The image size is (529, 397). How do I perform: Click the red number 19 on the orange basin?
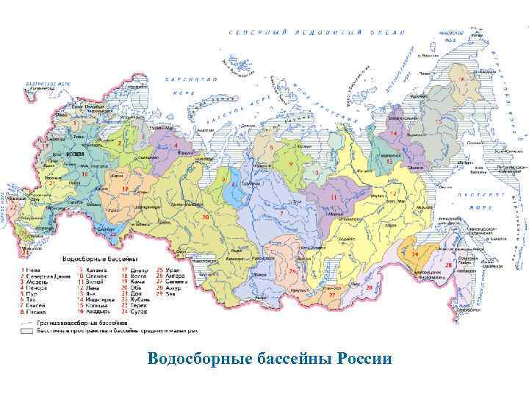(x=125, y=189)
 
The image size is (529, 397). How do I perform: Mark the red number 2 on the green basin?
(x=119, y=144)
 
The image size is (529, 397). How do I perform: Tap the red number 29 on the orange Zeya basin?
(x=414, y=254)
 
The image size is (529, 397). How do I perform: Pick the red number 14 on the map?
(x=393, y=133)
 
